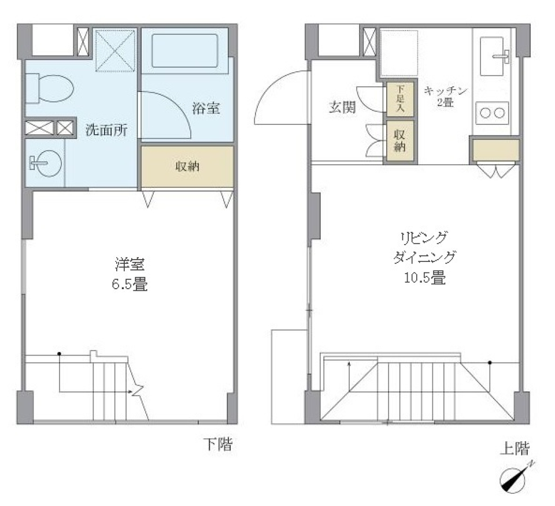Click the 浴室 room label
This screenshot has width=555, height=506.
pos(206,108)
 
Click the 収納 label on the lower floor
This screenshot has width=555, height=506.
pos(187,167)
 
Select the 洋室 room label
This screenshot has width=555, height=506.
pos(129,266)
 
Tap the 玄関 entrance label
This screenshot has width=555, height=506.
pos(342,108)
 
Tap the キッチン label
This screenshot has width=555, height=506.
pos(446,91)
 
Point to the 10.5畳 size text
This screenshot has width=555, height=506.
pos(424,278)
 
